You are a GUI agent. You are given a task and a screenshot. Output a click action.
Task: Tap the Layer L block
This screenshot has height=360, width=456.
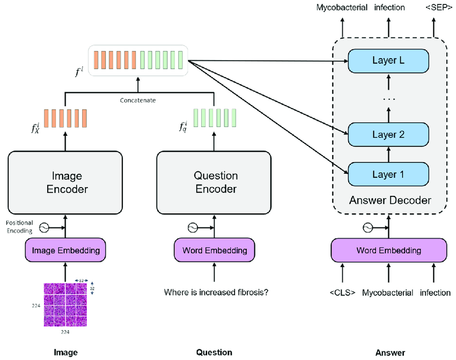point(388,61)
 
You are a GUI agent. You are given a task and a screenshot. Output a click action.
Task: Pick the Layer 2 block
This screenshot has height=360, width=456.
point(388,135)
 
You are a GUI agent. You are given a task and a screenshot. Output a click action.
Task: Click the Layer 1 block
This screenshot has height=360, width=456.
point(388,174)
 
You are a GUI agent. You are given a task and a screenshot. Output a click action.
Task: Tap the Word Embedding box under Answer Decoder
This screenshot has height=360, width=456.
point(388,250)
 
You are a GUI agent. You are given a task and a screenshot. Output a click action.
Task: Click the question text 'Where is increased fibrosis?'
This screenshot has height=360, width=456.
point(216,292)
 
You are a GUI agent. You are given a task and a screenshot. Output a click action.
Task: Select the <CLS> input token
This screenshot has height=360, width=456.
point(342,293)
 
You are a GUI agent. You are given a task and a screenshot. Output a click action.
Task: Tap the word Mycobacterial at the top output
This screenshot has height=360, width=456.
point(342,8)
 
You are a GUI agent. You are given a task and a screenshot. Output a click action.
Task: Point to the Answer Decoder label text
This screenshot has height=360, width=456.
point(389,201)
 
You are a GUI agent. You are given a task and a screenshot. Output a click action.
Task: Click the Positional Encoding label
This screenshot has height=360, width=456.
point(19,226)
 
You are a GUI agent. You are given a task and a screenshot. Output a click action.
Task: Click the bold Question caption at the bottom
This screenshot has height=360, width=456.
point(214,352)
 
